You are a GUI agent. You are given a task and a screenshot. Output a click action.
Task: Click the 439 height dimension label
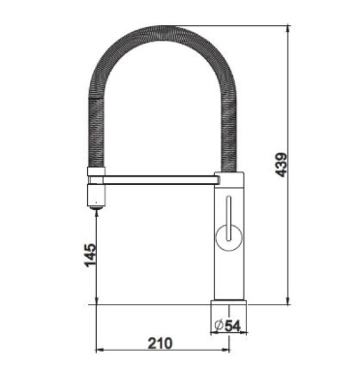coord(281,165)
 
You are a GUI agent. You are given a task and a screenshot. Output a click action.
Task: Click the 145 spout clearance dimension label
coord(91,255)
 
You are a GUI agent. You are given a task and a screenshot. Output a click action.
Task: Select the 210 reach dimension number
coord(161,343)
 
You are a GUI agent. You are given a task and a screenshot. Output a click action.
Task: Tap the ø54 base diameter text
coord(227,325)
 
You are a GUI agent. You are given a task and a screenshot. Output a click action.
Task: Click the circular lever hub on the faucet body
coord(228,236)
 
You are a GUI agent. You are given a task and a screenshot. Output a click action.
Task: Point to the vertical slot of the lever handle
coord(228,218)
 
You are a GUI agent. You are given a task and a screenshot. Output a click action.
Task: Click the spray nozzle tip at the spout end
coord(96,206)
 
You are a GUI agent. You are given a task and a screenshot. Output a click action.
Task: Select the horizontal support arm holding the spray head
coord(160,180)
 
